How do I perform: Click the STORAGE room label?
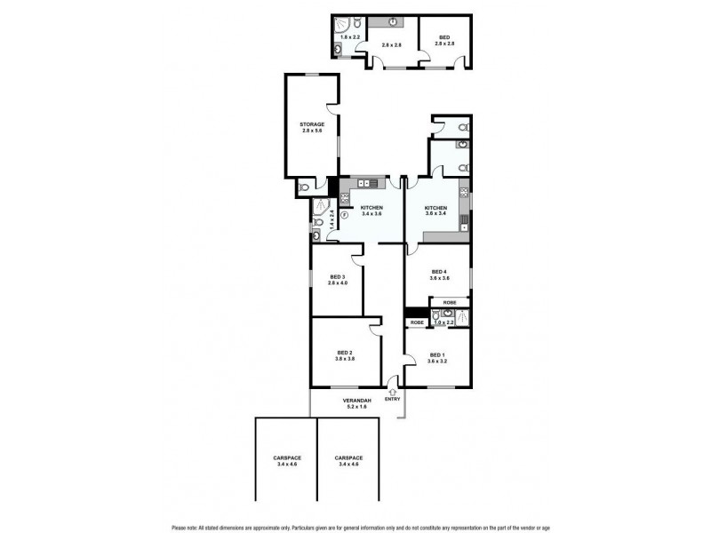coord(311,126)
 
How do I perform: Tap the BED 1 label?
coord(437,355)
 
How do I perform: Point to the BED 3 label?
coord(337,278)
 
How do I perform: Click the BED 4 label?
coord(438,272)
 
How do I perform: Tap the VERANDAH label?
coord(355,401)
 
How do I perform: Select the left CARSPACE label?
coord(286,457)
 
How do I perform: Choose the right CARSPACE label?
coord(348,457)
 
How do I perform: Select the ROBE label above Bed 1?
coord(418,322)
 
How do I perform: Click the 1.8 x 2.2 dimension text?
coord(351,36)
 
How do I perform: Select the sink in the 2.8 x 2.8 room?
coord(393,22)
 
